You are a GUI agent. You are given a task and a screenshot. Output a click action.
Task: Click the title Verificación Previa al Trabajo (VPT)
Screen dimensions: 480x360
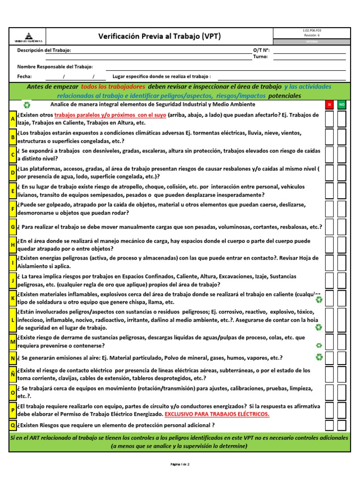[159, 36]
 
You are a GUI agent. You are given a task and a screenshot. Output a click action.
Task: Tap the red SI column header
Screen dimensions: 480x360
[330, 104]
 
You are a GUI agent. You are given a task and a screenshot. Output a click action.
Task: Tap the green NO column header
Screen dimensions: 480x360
[342, 104]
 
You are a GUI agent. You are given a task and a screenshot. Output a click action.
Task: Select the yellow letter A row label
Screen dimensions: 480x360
[13, 119]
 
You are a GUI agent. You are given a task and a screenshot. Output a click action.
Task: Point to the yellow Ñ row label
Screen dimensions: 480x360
[13, 374]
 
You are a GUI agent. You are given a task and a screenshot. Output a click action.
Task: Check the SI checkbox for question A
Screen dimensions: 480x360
[330, 119]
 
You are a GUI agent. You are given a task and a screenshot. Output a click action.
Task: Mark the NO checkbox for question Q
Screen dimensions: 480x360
[342, 425]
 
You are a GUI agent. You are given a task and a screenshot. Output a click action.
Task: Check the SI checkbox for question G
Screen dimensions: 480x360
[330, 227]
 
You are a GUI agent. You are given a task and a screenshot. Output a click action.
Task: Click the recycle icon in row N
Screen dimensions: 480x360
[319, 358]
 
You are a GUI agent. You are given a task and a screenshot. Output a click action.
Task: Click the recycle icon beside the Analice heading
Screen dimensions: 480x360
[27, 105]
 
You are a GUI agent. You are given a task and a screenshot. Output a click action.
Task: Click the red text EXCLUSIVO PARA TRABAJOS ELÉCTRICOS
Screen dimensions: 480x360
[217, 414]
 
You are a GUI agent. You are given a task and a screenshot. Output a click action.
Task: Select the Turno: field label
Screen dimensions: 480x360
[260, 57]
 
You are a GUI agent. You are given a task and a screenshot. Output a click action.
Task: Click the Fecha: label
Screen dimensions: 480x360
[24, 76]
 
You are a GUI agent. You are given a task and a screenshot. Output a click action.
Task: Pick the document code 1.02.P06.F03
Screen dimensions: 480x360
[312, 30]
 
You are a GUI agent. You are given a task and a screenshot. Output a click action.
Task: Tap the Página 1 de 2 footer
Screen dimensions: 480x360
[180, 464]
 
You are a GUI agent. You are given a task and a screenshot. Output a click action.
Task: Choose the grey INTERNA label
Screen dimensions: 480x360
[312, 41]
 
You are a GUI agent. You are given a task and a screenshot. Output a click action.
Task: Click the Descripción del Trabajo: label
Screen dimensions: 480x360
[45, 50]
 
